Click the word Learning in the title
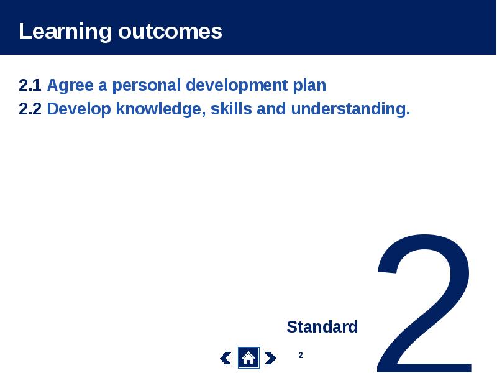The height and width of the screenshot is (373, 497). (x=65, y=32)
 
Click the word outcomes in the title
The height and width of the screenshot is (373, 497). (x=170, y=32)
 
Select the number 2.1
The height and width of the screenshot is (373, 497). (x=30, y=85)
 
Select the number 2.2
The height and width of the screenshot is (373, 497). (x=30, y=109)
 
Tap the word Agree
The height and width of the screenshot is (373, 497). (x=70, y=86)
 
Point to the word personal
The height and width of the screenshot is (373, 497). (x=147, y=86)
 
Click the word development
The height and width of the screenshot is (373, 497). (x=237, y=86)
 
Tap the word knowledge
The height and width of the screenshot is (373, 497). (x=161, y=109)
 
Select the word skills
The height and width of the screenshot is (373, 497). (x=231, y=109)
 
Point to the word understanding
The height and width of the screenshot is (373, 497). (x=350, y=109)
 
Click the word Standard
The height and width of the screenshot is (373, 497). (x=322, y=327)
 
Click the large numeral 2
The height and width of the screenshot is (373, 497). (x=425, y=303)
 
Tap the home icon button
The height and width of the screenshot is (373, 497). (x=248, y=358)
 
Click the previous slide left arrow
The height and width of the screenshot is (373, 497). (x=226, y=358)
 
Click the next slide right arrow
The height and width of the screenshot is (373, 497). (x=270, y=358)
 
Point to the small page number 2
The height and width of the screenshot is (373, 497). (x=301, y=355)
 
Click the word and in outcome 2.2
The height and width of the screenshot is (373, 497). (x=271, y=109)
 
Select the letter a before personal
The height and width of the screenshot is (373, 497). (x=103, y=86)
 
